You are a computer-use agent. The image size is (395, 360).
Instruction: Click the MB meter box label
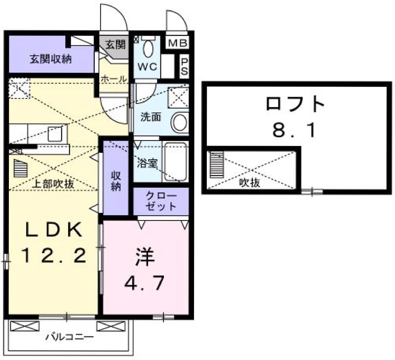(x=177, y=43)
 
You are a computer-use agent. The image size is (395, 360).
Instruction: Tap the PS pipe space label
(x=184, y=67)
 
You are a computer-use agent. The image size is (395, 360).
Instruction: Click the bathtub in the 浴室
(x=175, y=161)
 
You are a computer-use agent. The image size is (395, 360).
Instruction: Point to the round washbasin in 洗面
(x=180, y=122)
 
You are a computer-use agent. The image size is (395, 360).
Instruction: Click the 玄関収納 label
(x=51, y=59)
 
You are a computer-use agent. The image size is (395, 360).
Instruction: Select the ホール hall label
(x=114, y=79)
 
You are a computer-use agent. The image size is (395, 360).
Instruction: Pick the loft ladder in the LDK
(x=20, y=168)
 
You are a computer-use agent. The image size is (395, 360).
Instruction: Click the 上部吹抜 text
(x=53, y=184)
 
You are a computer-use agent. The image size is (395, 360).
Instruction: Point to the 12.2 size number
(x=54, y=255)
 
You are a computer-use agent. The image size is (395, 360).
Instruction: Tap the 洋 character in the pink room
(x=145, y=257)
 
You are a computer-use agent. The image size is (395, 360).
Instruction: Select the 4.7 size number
(x=144, y=283)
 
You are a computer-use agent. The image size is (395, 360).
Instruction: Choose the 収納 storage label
(x=116, y=181)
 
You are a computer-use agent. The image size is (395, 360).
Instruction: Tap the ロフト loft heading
(x=295, y=104)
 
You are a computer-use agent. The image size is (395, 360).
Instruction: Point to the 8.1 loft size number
(x=294, y=130)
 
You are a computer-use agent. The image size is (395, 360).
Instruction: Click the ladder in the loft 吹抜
(x=217, y=164)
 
